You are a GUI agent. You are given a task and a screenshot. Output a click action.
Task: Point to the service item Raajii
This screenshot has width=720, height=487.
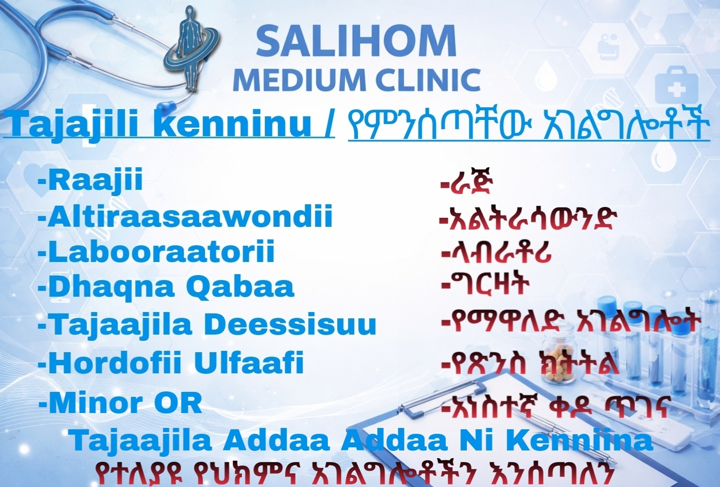tap(91, 180)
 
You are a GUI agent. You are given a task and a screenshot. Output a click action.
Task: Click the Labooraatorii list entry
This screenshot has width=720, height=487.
tap(156, 251)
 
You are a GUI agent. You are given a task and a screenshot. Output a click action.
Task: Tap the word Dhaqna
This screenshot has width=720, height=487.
tap(106, 287)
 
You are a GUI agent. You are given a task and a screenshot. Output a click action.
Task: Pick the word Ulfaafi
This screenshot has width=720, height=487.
tap(249, 363)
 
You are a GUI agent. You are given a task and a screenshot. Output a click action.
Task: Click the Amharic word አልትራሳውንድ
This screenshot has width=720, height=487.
tap(528, 219)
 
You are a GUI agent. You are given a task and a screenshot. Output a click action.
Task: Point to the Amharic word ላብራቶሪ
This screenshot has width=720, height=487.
tap(497, 253)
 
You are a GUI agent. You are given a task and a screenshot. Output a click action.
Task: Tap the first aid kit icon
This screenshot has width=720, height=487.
tap(677, 85)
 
